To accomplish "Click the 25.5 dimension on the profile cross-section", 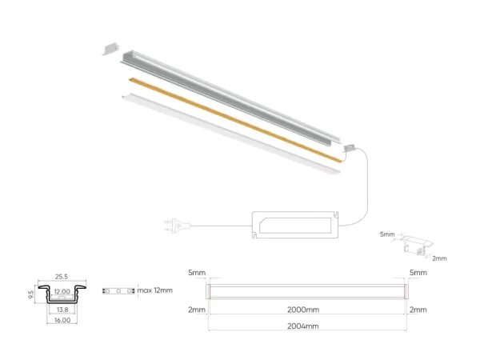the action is point(62,277).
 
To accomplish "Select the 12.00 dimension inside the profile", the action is point(62,291).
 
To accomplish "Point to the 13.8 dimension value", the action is point(62,310).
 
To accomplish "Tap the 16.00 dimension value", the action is point(62,320).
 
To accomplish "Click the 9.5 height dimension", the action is point(31,294).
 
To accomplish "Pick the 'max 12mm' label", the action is point(155,290).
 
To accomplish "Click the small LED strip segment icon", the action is point(118,290).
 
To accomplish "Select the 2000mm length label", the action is point(303,310).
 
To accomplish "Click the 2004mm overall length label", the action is point(303,326).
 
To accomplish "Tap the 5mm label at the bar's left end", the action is point(197,273).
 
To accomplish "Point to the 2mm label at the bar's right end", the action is point(418,310).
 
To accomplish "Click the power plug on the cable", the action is point(178,226).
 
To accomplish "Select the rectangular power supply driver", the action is point(295,225).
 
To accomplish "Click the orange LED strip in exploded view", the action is point(234,120).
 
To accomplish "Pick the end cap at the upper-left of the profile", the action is point(110,49).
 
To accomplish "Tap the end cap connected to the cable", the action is point(350,148).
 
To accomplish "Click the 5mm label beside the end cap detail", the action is point(387,234).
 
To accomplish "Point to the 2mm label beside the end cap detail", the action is point(439,258).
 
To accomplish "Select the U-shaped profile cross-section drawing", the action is point(62,294).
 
